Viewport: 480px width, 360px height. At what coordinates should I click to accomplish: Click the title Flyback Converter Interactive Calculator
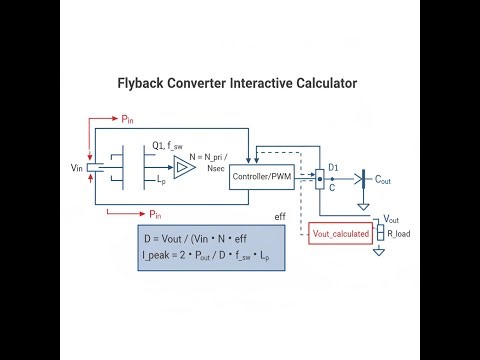click(239, 85)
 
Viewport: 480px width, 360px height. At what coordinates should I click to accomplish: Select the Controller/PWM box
click(260, 176)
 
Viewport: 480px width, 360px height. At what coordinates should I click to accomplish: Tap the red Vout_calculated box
click(340, 233)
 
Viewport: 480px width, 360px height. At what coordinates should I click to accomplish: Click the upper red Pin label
click(128, 120)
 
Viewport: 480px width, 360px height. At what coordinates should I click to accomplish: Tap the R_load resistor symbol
click(379, 233)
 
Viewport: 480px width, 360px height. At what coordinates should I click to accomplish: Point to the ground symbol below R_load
click(379, 252)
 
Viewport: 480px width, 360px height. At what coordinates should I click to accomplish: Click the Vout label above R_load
click(392, 219)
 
